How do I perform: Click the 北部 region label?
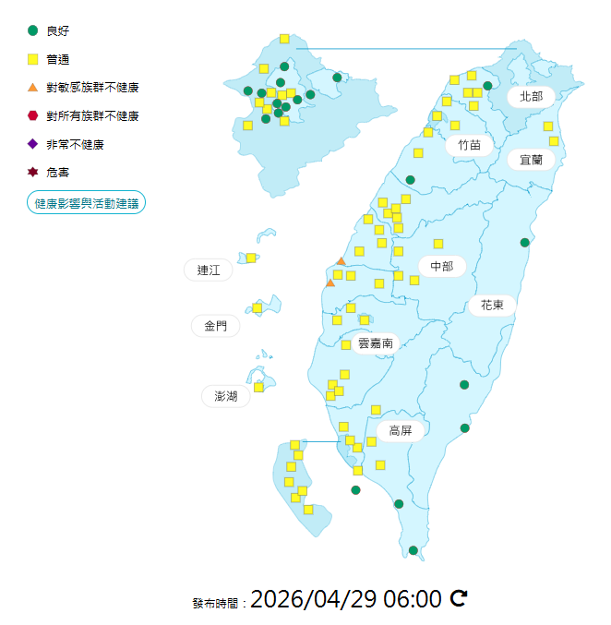pos(531,96)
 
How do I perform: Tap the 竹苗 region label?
pos(469,145)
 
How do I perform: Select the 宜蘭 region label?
pos(531,160)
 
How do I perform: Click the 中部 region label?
pos(442,266)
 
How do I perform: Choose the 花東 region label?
pos(492,304)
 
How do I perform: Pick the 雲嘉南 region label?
pos(376,343)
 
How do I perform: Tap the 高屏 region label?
pos(400,430)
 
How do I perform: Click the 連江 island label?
pos(209,270)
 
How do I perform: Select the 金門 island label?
pos(215,326)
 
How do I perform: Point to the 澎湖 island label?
pos(226,396)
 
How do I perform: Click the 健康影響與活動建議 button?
pos(86,203)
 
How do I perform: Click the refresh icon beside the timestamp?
pos(459,599)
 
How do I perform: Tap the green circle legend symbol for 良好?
pos(33,30)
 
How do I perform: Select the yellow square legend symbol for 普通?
pos(33,59)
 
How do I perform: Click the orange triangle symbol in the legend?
pos(33,88)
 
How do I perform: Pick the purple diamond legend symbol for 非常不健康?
pos(33,144)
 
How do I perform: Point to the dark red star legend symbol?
pos(33,172)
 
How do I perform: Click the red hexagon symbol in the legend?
pos(33,115)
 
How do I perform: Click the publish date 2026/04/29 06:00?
pos(346,599)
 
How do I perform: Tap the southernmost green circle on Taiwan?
pos(413,550)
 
